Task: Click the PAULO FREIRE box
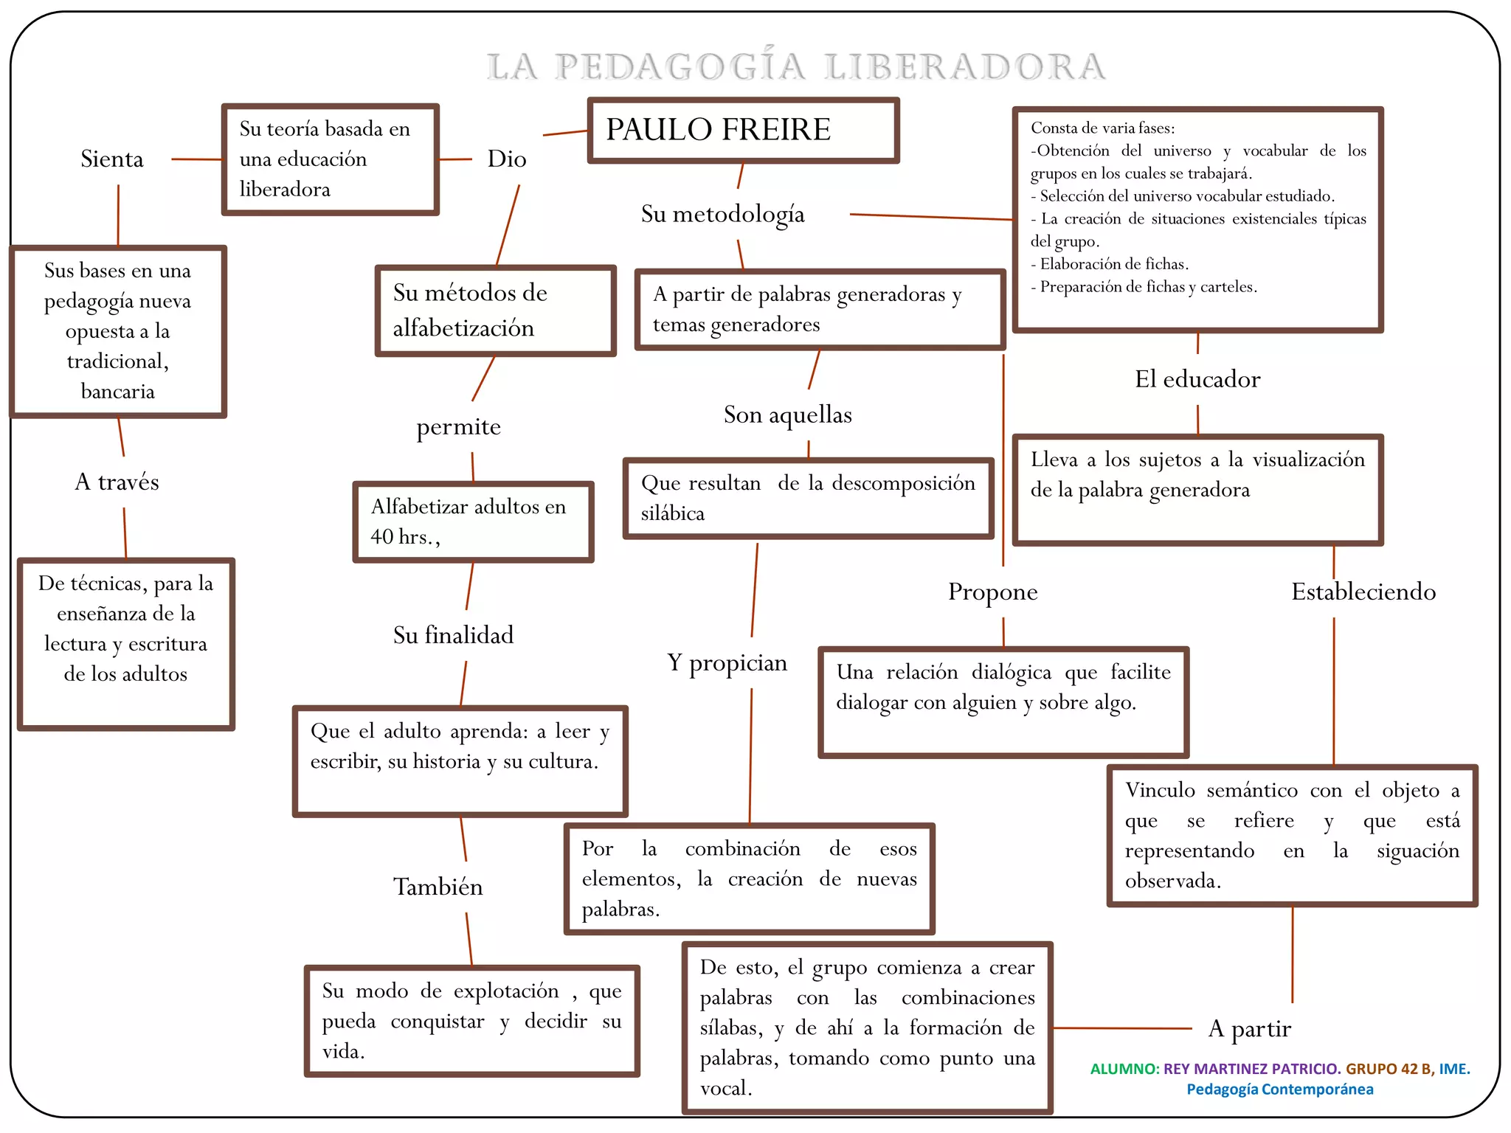(x=743, y=130)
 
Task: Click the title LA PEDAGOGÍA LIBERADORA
(x=795, y=66)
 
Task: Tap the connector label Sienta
(x=112, y=159)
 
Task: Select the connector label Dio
(x=507, y=159)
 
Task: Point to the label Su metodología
(x=722, y=214)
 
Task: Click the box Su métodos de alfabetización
(x=495, y=311)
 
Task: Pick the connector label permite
(x=458, y=426)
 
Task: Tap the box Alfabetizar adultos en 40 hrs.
(x=473, y=522)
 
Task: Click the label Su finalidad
(x=453, y=635)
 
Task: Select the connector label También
(x=438, y=887)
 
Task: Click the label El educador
(x=1197, y=379)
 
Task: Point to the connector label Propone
(x=992, y=592)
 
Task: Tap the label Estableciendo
(x=1363, y=592)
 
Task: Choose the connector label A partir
(x=1250, y=1028)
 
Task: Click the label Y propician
(x=727, y=662)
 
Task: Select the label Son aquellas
(x=787, y=415)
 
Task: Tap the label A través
(x=117, y=482)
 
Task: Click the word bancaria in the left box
(x=118, y=391)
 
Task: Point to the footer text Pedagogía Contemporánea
(x=1280, y=1089)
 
